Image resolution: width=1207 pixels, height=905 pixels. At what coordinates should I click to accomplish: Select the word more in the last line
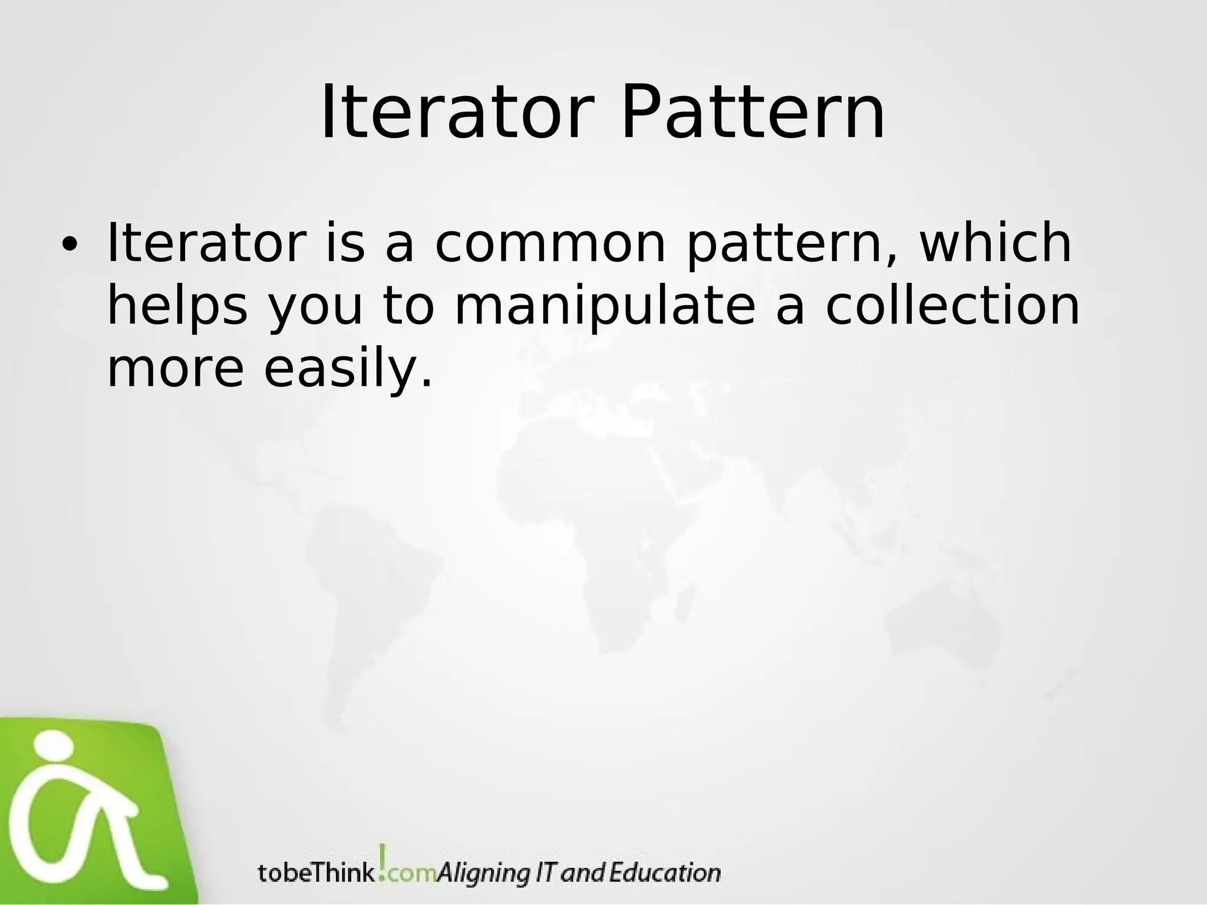tap(175, 370)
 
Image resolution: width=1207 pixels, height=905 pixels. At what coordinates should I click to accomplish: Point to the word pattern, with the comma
tap(793, 244)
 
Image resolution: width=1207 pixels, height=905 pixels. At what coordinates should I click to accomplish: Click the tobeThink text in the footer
tap(316, 873)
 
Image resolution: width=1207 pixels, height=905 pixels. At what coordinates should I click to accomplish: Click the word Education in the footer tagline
tap(664, 872)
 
